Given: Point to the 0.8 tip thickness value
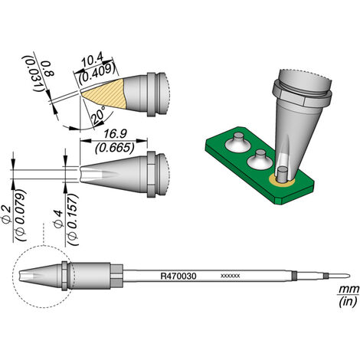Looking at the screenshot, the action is tap(48, 69).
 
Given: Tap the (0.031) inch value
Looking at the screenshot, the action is tap(32, 74).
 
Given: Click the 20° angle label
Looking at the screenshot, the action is tap(99, 115).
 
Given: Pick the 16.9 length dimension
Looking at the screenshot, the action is tap(114, 134).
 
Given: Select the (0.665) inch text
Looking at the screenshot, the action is tap(114, 148).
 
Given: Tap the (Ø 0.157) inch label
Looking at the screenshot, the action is tap(73, 219).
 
